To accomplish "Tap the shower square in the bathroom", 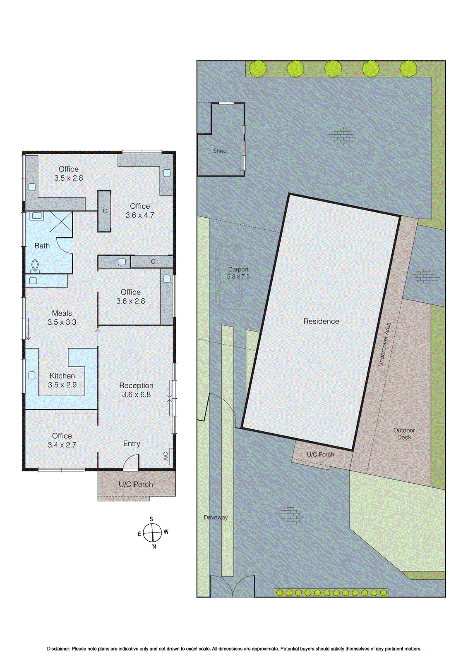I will coord(61,222).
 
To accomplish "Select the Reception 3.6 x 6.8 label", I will coord(136,390).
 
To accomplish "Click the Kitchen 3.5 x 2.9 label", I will coord(62,380).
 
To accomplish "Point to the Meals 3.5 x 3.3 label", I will coord(62,318).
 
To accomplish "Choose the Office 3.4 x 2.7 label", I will coord(62,440).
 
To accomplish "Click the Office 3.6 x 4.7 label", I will coord(140,210).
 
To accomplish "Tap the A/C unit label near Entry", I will coord(166,456).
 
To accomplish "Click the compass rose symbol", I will coord(153,533).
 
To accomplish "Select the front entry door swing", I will coord(132,462).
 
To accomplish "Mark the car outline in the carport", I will coord(228,276).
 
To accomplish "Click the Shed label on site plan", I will coord(220,151).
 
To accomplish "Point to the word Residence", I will coord(321,321).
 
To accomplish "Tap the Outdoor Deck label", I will coord(404,433).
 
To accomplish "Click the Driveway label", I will coord(216,517).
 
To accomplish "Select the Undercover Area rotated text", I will coord(384,344).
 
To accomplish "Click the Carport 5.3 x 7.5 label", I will coord(238,273).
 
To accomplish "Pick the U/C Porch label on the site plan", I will coord(320,454).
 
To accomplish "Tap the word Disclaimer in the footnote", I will coord(58,649).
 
